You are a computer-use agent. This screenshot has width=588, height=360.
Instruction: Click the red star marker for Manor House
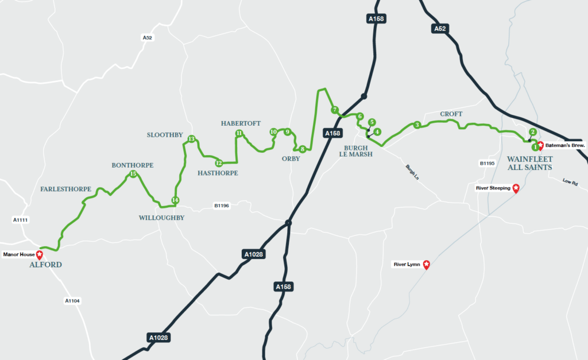[39, 254]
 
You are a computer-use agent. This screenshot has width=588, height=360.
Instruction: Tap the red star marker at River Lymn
[426, 265]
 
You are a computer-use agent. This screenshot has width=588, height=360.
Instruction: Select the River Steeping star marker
[516, 188]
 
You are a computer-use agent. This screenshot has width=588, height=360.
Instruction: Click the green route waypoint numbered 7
[334, 110]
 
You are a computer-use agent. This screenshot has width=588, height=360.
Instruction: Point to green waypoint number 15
[133, 174]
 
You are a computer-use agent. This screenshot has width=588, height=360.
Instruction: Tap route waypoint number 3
[417, 125]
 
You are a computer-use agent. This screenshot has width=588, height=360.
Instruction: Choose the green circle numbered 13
[191, 139]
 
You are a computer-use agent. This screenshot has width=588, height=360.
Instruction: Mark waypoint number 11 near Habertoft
[238, 134]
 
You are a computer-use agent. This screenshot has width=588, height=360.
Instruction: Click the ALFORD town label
[45, 265]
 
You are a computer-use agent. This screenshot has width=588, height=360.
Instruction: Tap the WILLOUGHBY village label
[161, 218]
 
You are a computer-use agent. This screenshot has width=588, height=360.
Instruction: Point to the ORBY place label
[291, 158]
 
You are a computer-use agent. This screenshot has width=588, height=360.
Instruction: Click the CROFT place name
[451, 114]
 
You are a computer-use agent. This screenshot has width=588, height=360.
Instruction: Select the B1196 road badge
[222, 205]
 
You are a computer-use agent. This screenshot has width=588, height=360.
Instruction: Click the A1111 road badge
[20, 220]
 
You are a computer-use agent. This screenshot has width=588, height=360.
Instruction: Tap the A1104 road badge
[72, 300]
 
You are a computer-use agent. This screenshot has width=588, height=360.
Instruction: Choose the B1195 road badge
[487, 164]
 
